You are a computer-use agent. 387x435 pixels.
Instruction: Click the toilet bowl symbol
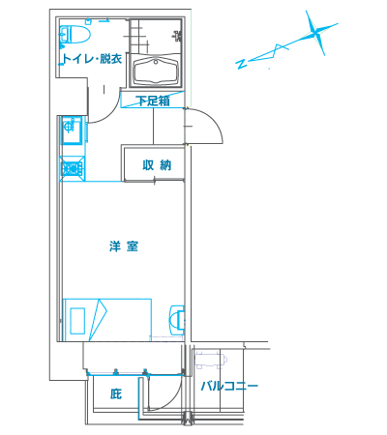pyautogui.click(x=74, y=38)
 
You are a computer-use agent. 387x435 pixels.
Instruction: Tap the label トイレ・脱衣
pyautogui.click(x=92, y=59)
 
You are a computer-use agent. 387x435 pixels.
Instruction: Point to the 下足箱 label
pyautogui.click(x=152, y=101)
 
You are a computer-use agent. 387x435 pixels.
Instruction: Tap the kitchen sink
pyautogui.click(x=71, y=128)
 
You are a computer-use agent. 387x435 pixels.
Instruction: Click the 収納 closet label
pyautogui.click(x=157, y=165)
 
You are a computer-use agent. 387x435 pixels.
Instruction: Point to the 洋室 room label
pyautogui.click(x=123, y=246)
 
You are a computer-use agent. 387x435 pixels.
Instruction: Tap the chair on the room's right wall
pyautogui.click(x=175, y=318)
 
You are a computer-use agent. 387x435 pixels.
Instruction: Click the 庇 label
pyautogui.click(x=116, y=393)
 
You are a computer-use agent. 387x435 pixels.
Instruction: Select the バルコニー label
pyautogui.click(x=229, y=387)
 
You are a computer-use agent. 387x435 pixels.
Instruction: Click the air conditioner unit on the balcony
pyautogui.click(x=210, y=362)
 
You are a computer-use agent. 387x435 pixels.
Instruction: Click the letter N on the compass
pyautogui.click(x=241, y=64)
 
